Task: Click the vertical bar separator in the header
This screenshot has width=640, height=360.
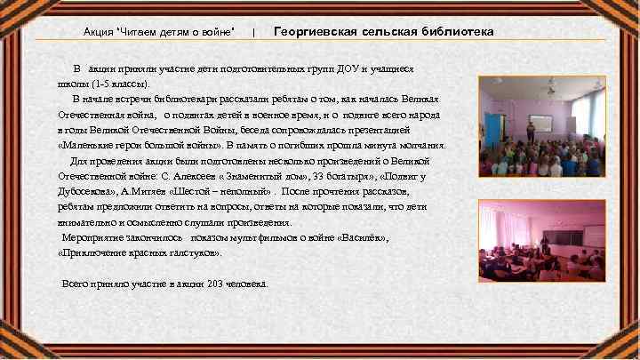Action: [254, 33]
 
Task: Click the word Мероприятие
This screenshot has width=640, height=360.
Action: [93, 239]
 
